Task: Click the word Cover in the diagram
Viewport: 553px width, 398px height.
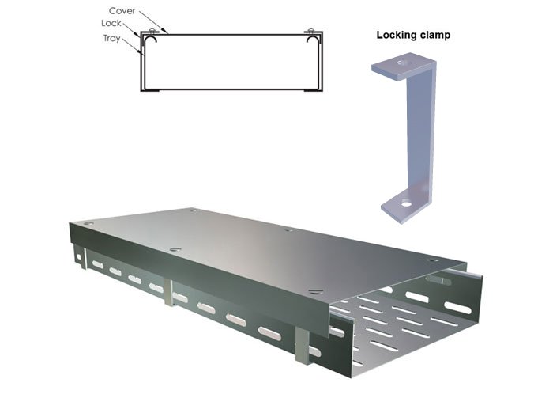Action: pyautogui.click(x=122, y=11)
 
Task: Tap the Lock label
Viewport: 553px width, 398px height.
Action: pyautogui.click(x=111, y=23)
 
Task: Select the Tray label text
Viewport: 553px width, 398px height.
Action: pyautogui.click(x=112, y=38)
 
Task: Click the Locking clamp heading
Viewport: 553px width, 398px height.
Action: pyautogui.click(x=413, y=35)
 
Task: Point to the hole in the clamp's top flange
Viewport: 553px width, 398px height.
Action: pyautogui.click(x=401, y=63)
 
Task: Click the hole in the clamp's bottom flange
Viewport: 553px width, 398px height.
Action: pyautogui.click(x=406, y=204)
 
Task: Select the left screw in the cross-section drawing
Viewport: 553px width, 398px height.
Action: pyautogui.click(x=152, y=30)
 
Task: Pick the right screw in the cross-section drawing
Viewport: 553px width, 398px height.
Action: pyautogui.click(x=310, y=30)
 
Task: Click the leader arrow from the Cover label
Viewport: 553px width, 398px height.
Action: pyautogui.click(x=153, y=22)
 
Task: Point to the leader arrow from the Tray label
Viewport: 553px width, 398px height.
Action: pyautogui.click(x=133, y=46)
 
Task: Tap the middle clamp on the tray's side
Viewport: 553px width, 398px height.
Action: pyautogui.click(x=169, y=293)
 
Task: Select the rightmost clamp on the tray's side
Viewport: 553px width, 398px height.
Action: pyautogui.click(x=303, y=345)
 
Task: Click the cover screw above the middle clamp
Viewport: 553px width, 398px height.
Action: pyautogui.click(x=175, y=249)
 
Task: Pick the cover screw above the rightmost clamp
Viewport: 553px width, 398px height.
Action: pyautogui.click(x=316, y=292)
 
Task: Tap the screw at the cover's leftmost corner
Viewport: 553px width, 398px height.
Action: pyautogui.click(x=88, y=224)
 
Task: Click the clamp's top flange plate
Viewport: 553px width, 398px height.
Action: pyautogui.click(x=401, y=67)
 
